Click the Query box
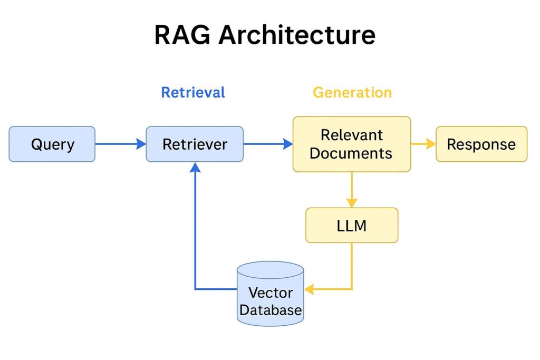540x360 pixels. click(x=52, y=144)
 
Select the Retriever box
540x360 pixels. click(x=195, y=144)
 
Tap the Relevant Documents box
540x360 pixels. click(x=352, y=144)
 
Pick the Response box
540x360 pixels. click(x=481, y=144)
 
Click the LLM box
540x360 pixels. click(x=352, y=226)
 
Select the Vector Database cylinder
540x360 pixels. click(x=271, y=294)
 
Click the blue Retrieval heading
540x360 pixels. click(x=193, y=93)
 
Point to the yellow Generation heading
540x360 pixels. click(x=352, y=93)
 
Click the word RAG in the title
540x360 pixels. click(x=182, y=35)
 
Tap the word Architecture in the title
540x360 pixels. click(x=297, y=35)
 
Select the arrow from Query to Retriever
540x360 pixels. click(x=121, y=144)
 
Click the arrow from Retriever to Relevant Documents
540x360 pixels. click(x=268, y=144)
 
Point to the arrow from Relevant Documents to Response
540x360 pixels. click(x=423, y=144)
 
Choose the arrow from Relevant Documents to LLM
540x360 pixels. click(x=352, y=190)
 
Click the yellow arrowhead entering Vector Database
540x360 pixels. click(x=309, y=289)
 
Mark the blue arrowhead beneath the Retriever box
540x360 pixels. click(x=195, y=167)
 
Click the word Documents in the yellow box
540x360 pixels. click(x=351, y=153)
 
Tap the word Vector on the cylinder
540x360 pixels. click(x=271, y=293)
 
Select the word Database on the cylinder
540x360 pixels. click(x=271, y=310)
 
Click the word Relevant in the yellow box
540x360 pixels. click(x=352, y=135)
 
